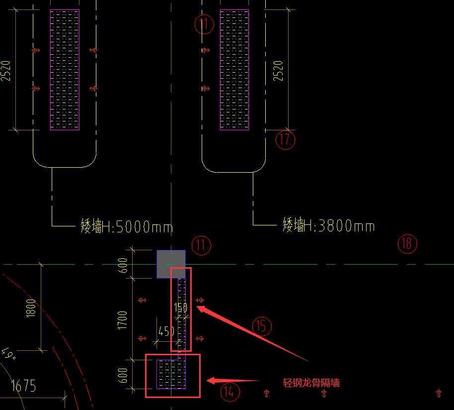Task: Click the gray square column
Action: [171, 264]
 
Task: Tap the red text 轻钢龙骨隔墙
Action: [311, 383]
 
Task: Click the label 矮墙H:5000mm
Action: [127, 227]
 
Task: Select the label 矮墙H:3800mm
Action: [328, 226]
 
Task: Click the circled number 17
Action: [285, 140]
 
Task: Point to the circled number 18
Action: [407, 244]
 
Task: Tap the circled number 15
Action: [262, 326]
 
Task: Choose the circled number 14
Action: [229, 392]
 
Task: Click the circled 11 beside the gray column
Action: [201, 245]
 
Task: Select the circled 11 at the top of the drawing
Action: [204, 24]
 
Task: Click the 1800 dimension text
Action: [31, 308]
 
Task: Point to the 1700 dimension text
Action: [123, 319]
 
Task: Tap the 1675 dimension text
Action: [23, 386]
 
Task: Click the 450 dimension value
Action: [166, 331]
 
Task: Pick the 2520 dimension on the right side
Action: [278, 71]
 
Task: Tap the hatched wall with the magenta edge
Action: [234, 70]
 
